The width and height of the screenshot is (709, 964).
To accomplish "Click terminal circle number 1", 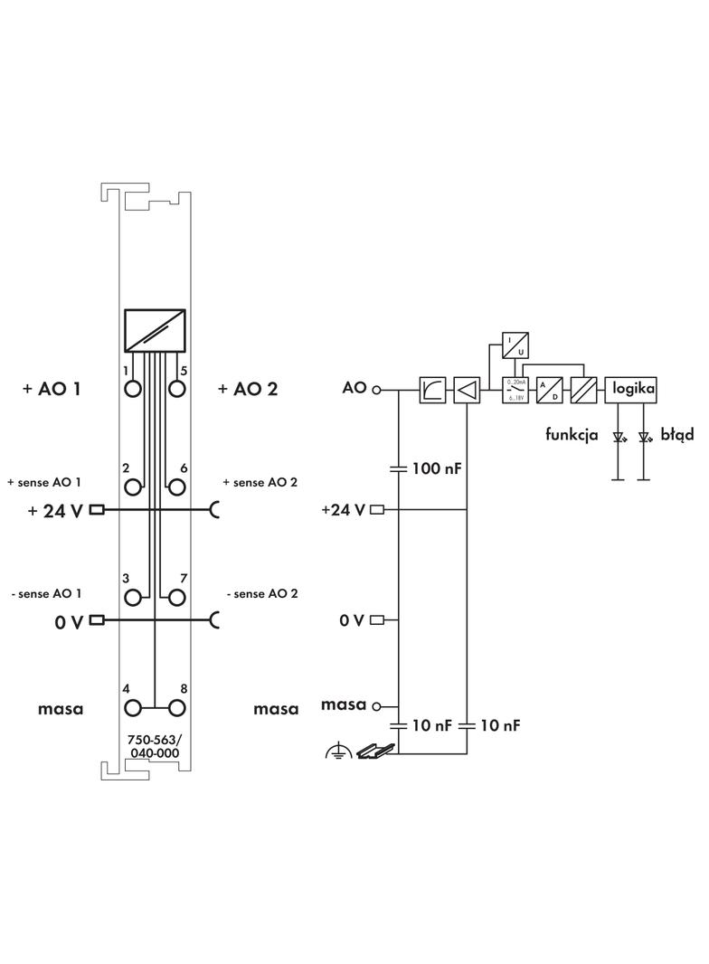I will coord(134,389).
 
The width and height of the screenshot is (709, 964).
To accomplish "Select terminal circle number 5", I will coord(177,389).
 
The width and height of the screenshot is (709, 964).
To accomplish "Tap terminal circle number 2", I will coord(134,487).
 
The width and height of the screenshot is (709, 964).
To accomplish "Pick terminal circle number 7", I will coord(177,597).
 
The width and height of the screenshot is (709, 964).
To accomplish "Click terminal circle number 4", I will coord(134,708).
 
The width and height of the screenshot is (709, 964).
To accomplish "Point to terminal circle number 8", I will coord(177,708).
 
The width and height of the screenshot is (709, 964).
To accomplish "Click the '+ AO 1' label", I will coord(52,389).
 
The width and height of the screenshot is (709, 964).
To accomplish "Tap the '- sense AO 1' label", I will coord(45,593).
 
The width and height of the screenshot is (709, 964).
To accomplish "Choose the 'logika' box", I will coord(630,389).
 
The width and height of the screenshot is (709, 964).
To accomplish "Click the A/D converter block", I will coord(550,390).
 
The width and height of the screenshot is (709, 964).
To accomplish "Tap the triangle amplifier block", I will coord(467,390).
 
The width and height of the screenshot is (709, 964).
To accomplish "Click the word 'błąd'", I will coord(676,435).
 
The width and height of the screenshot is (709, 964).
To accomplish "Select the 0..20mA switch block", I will coord(516,390).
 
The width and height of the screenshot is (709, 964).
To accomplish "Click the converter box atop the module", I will coord(155,331).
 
